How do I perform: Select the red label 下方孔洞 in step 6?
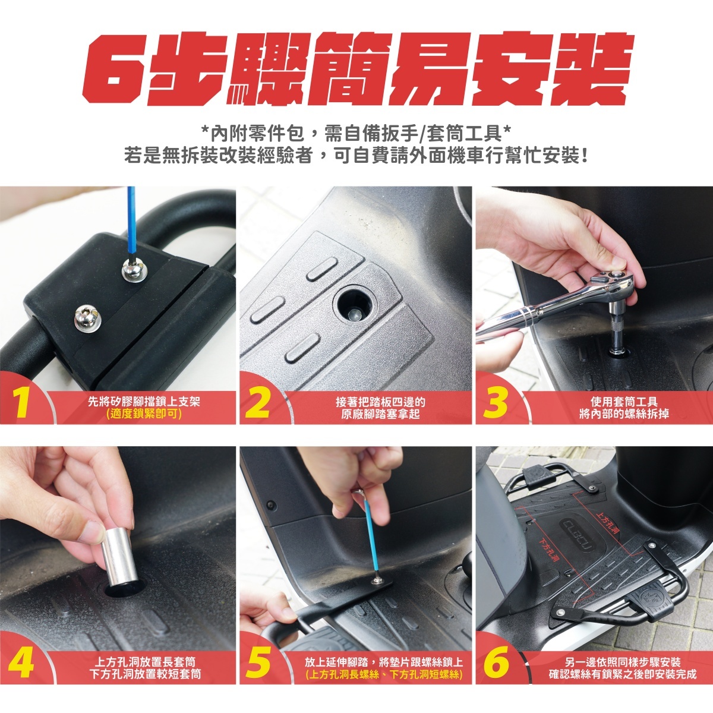[x=549, y=549]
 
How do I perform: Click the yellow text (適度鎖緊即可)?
[x=144, y=414]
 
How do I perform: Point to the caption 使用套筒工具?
[x=624, y=401]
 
